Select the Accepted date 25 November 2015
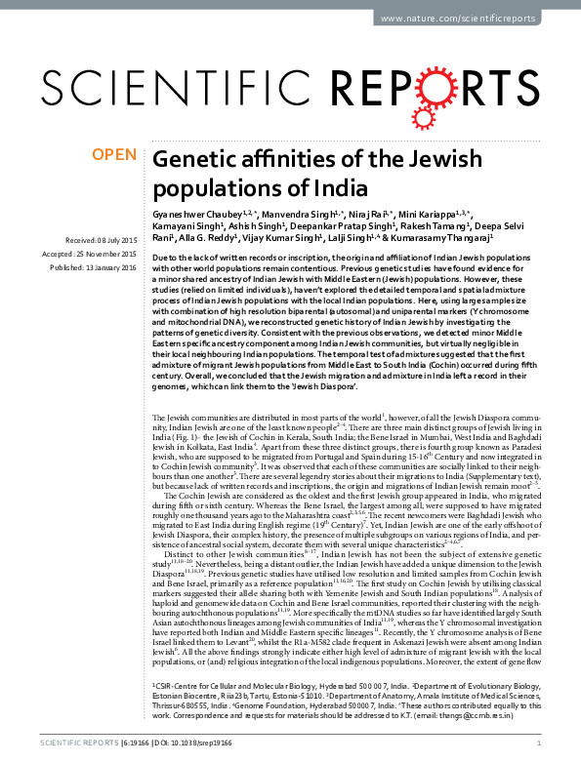(95, 253)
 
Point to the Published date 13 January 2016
(95, 265)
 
